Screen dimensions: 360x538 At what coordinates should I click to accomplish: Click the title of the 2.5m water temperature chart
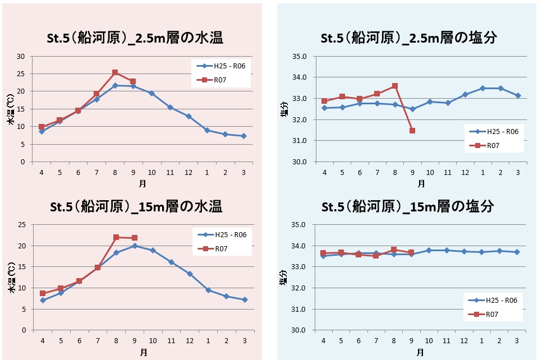[x=135, y=38]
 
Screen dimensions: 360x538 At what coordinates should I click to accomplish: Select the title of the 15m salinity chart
[x=408, y=206]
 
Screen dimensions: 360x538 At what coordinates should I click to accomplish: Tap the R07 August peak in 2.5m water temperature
[x=115, y=72]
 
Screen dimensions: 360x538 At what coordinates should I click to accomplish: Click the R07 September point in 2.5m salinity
[x=412, y=131]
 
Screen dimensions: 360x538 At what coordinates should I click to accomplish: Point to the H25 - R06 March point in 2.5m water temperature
[x=243, y=136]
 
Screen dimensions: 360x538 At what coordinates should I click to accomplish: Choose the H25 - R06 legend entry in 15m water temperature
[x=219, y=234]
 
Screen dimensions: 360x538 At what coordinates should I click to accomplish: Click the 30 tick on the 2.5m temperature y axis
[x=21, y=56]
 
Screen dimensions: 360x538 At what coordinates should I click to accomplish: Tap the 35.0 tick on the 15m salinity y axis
[x=298, y=225]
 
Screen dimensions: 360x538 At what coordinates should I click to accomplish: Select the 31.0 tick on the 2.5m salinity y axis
[x=298, y=141]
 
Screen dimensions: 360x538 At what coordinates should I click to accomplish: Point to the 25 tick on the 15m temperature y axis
[x=21, y=225]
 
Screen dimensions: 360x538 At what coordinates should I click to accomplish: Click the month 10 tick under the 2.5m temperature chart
[x=151, y=172]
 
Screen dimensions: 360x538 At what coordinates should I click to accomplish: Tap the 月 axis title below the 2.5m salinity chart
[x=421, y=183]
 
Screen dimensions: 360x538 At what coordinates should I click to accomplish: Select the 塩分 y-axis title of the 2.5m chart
[x=284, y=109]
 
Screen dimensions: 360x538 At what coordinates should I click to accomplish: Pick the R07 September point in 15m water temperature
[x=134, y=238]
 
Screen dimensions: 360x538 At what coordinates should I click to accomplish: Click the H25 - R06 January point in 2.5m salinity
[x=482, y=88]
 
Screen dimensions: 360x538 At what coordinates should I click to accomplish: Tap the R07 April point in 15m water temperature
[x=42, y=293]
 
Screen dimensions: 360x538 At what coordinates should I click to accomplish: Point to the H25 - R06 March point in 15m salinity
[x=517, y=252]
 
